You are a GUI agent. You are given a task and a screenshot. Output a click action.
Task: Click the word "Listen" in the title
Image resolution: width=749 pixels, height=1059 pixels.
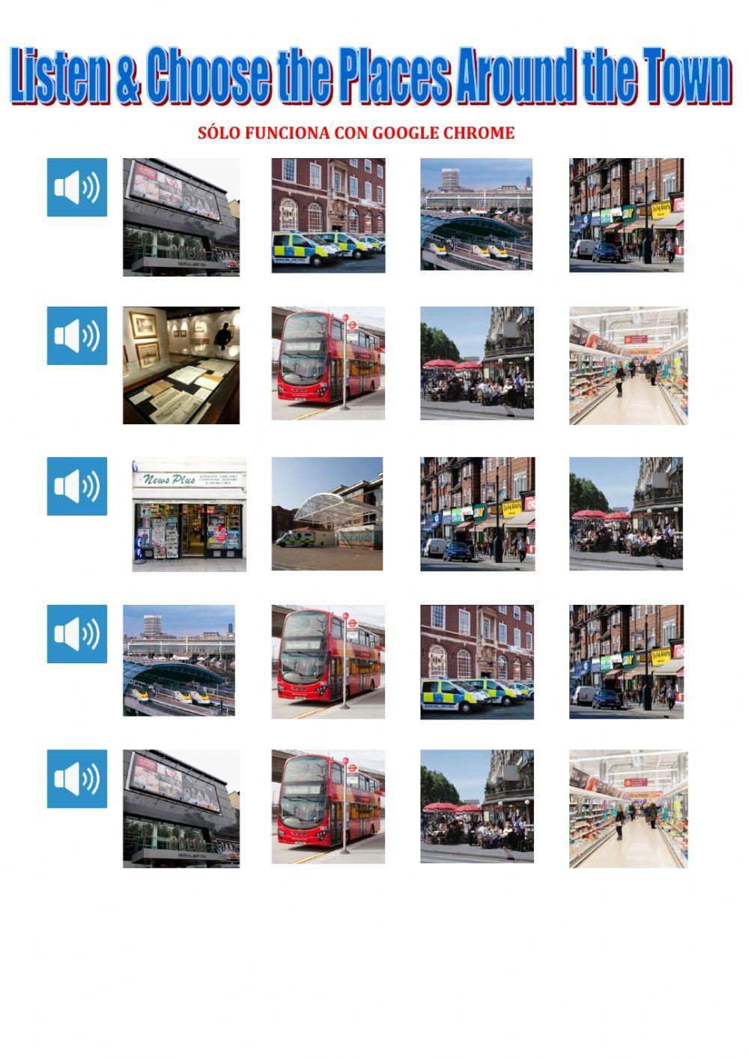click(58, 76)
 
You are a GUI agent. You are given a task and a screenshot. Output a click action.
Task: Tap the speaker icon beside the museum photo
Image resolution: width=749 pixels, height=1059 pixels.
click(77, 336)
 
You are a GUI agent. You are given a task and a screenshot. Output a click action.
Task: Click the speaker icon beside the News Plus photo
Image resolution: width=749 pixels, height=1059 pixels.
click(77, 486)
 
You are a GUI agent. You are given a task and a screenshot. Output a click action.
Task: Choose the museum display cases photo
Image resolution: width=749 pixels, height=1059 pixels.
click(181, 365)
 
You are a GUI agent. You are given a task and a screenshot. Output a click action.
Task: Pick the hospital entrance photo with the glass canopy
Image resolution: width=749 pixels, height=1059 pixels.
click(327, 514)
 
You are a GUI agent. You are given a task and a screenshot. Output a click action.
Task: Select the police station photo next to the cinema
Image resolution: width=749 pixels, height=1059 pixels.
click(328, 215)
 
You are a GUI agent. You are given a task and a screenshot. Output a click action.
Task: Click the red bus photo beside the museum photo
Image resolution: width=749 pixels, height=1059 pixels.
click(328, 363)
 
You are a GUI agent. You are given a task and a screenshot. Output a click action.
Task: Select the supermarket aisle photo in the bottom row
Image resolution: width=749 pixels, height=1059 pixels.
click(628, 809)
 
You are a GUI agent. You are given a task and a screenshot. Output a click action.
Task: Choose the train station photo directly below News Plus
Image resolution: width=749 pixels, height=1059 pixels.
click(179, 660)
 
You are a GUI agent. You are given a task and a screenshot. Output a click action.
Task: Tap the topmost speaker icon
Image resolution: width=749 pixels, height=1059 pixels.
click(77, 187)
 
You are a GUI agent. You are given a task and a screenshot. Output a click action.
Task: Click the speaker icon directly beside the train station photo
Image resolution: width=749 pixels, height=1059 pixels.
click(77, 634)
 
